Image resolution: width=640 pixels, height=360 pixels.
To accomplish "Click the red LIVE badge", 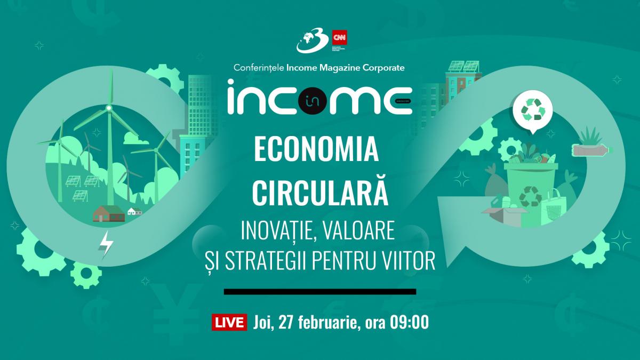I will coord(230,323).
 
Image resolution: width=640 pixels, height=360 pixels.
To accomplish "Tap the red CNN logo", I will coord(337,38).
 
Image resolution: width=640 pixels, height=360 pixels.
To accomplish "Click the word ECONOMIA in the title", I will coord(316,151).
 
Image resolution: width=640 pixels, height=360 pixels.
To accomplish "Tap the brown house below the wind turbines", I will coord(108,214).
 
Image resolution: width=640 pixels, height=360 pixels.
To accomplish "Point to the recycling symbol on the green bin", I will coord(530,196).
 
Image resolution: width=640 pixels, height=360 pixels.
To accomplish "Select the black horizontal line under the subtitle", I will coord(320,292).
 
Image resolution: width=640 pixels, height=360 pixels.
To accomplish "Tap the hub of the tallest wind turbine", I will coord(109,108).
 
